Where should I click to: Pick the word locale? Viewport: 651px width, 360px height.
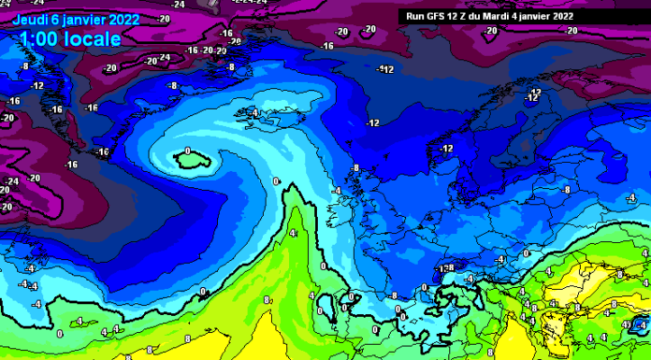(94, 39)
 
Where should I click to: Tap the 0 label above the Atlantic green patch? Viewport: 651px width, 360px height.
(188, 151)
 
